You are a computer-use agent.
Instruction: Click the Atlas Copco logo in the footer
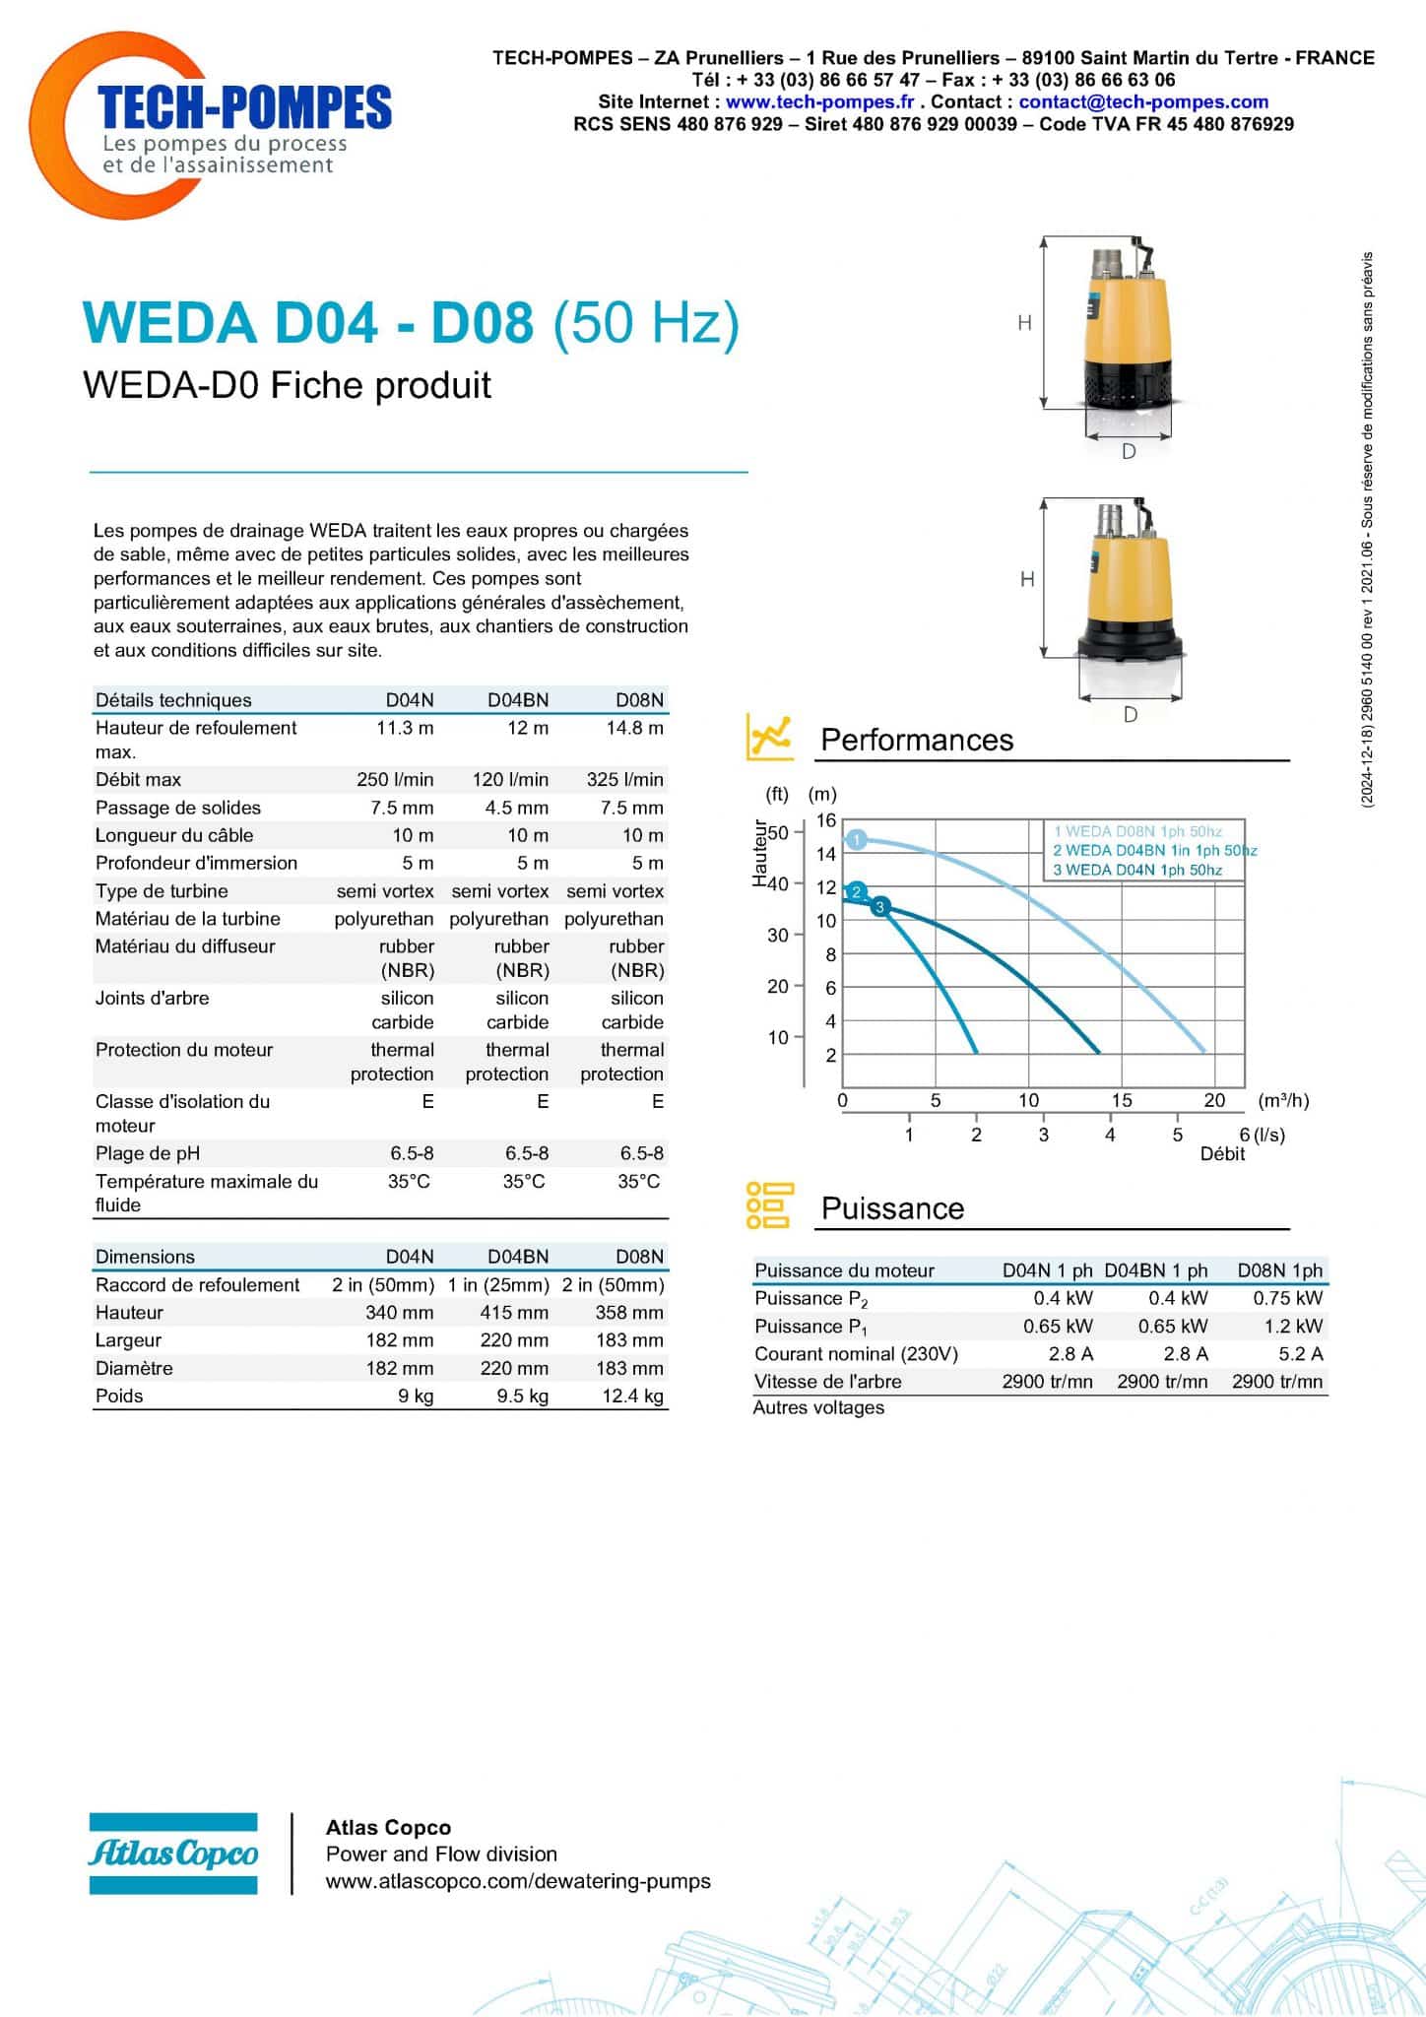(x=173, y=1853)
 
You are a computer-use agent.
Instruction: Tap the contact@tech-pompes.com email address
(x=1143, y=101)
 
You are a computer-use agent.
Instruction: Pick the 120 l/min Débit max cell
(x=510, y=779)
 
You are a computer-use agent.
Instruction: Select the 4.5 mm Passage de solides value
(x=516, y=808)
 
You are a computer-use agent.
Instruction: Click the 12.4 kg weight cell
(x=632, y=1396)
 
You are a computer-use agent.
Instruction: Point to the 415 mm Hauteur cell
(x=514, y=1312)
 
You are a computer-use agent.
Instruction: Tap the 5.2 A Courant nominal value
(x=1300, y=1353)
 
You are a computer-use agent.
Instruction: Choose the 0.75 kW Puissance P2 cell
(x=1288, y=1298)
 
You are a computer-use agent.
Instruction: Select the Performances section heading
(x=917, y=740)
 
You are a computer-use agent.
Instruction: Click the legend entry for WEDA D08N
(x=1137, y=831)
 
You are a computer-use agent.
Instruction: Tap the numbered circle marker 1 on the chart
(x=857, y=840)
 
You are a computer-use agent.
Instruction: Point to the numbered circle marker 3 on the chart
(x=880, y=906)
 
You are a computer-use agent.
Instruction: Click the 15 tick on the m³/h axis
(x=1122, y=1100)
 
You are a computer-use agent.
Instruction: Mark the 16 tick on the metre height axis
(x=825, y=820)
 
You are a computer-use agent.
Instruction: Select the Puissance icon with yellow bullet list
(x=769, y=1205)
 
